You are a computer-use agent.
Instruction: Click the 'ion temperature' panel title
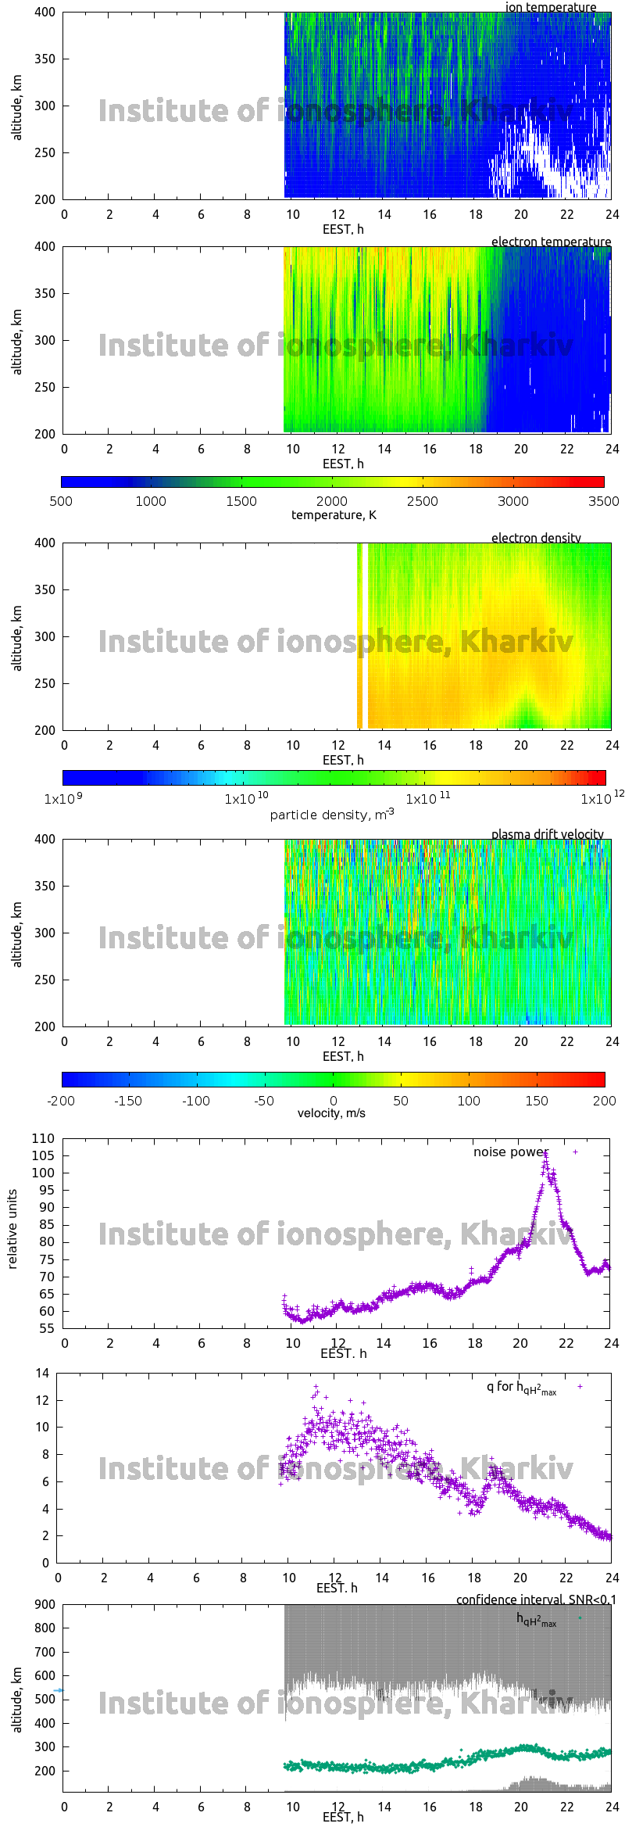point(550,7)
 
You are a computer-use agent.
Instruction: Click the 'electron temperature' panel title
point(551,242)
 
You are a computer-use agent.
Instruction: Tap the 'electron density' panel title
point(536,538)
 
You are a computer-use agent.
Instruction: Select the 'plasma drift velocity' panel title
point(547,834)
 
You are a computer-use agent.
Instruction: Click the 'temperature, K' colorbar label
point(334,514)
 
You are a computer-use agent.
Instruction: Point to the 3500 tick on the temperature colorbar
point(603,501)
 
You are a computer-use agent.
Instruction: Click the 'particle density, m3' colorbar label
point(332,815)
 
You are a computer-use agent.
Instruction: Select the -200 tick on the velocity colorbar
point(61,1101)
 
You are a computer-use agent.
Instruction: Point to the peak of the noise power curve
point(546,1152)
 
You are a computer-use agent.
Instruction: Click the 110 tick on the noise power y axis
point(43,1138)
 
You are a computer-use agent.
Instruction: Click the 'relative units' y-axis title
point(12,1230)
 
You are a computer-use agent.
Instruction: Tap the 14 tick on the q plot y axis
point(42,1373)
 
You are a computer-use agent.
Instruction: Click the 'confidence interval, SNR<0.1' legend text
point(536,1600)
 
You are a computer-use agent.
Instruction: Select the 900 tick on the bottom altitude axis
point(45,1604)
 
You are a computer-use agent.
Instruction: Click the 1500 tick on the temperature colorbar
point(241,501)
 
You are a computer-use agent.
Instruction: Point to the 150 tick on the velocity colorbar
point(537,1101)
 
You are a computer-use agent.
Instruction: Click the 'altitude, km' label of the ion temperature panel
point(17,107)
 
